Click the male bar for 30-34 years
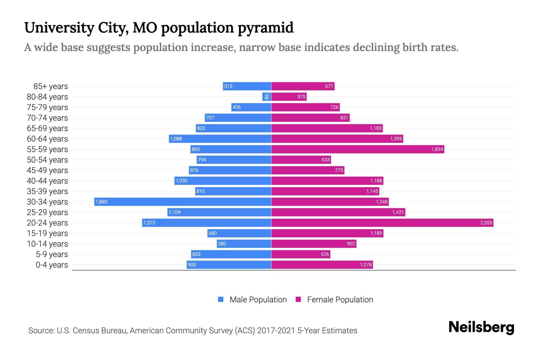pos(183,202)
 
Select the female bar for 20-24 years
pos(382,223)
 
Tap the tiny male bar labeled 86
pos(267,97)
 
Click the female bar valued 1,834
pos(358,149)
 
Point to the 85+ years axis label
pos(51,86)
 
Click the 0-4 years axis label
pos(52,265)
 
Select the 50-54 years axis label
pos(47,160)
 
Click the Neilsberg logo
pos(481,327)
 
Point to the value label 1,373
pos(149,223)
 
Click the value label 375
pos(301,97)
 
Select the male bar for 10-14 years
pos(244,244)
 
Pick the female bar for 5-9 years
pos(301,254)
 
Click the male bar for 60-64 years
pos(220,139)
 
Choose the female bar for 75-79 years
pos(305,107)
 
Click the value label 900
pos(192,265)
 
